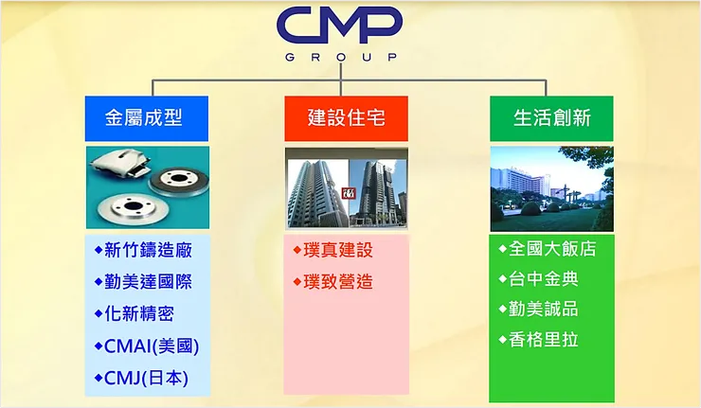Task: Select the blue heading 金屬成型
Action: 143,118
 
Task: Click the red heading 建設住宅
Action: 346,118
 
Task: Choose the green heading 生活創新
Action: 551,118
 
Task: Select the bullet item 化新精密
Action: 138,313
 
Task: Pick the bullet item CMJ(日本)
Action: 145,378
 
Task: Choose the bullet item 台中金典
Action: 543,278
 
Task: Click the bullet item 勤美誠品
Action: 543,309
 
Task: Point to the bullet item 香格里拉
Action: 543,339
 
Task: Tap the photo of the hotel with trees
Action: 551,188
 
